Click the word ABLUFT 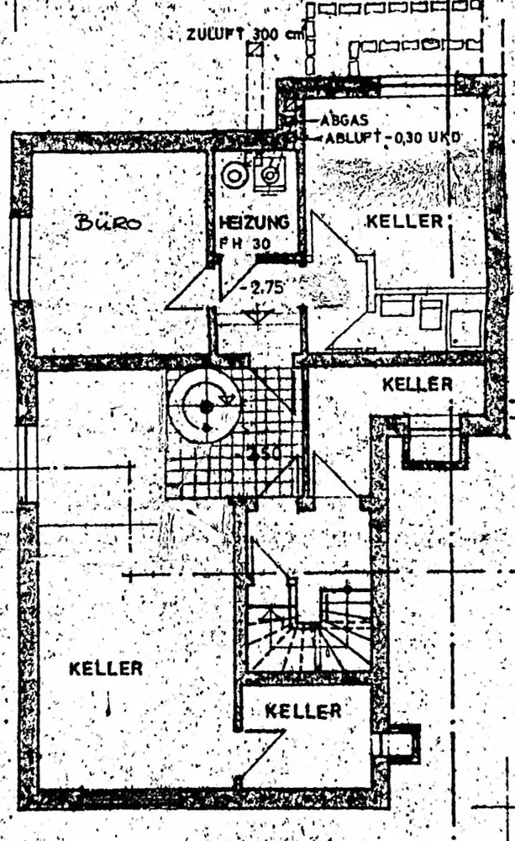tap(349, 136)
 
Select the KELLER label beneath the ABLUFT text tap(404, 222)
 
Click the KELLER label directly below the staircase tap(303, 711)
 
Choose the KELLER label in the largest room tap(105, 669)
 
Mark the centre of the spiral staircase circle tap(206, 406)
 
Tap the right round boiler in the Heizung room tap(270, 174)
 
